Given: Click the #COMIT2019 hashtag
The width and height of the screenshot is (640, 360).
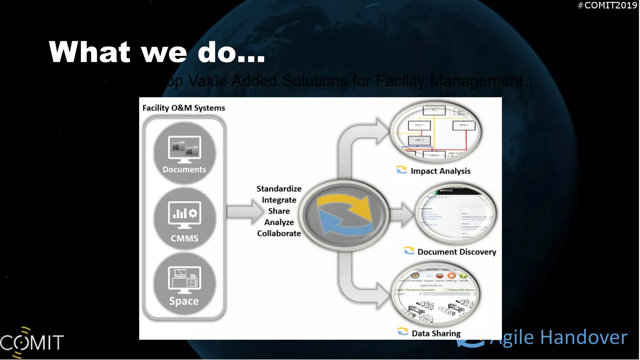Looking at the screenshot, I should [x=607, y=5].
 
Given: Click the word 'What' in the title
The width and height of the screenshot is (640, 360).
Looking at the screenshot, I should [x=89, y=52].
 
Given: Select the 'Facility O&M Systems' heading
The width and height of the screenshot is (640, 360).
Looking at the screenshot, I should [x=183, y=108].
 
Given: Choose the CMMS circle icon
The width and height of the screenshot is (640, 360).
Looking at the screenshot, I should [x=184, y=219].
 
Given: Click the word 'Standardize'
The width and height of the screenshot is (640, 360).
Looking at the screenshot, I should [x=279, y=189].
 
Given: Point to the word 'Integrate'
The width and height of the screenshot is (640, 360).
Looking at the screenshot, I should [x=279, y=200].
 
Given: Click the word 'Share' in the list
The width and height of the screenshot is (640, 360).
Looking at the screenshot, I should [x=279, y=211].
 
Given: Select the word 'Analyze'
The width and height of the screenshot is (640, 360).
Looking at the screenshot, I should [x=279, y=222].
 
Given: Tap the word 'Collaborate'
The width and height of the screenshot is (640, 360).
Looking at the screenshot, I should [x=279, y=233].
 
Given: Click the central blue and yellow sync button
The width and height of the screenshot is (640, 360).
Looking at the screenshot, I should [x=345, y=215].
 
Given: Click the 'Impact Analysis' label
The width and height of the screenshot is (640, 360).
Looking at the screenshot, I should [x=440, y=171].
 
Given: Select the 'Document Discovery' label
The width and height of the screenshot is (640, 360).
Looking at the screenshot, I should [x=457, y=252].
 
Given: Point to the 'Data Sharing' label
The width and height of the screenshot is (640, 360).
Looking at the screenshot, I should [x=436, y=333].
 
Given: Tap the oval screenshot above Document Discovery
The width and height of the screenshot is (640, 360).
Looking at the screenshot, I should [x=456, y=214].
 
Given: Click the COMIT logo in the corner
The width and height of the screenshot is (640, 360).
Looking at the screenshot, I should [x=31, y=342].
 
